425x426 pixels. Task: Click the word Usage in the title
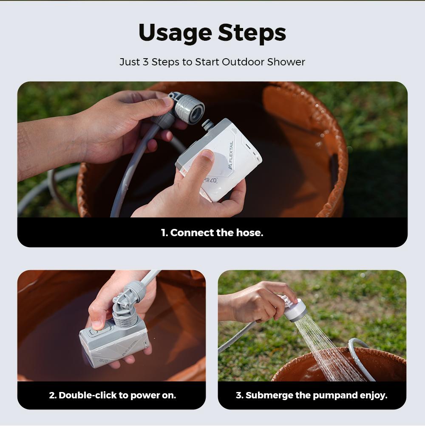tap(175, 33)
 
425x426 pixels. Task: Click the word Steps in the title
tap(252, 33)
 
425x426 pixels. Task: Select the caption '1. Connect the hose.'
tap(212, 233)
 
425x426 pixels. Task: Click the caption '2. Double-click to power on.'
tap(112, 395)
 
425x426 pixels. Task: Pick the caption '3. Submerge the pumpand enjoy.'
tap(312, 395)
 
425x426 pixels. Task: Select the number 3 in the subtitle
tap(145, 62)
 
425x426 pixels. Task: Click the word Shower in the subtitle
tap(286, 62)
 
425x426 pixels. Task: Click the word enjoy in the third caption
tap(373, 395)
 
